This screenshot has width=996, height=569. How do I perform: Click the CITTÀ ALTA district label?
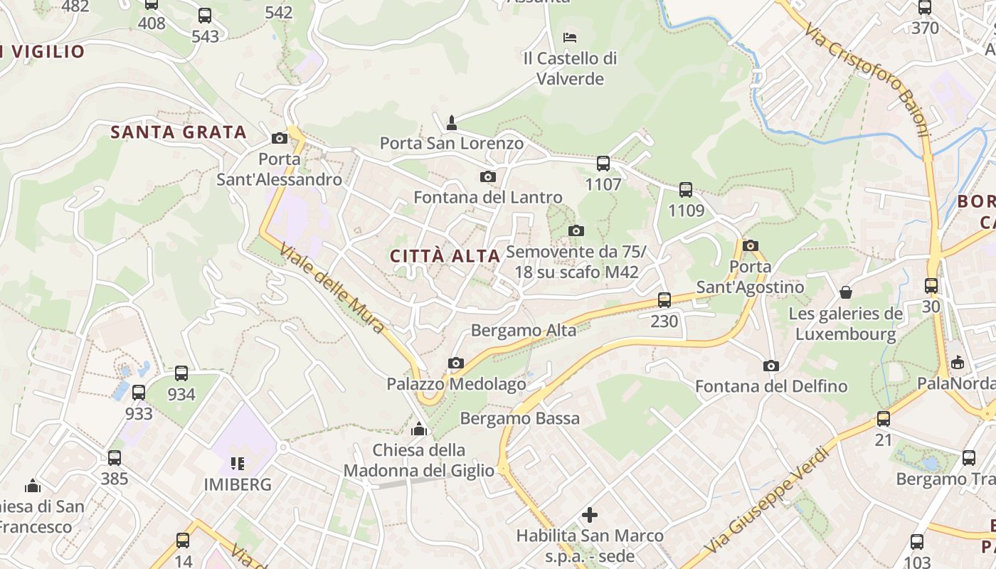tap(445, 256)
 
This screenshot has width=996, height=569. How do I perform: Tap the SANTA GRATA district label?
tap(179, 132)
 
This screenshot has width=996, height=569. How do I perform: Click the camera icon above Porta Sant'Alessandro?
tap(280, 138)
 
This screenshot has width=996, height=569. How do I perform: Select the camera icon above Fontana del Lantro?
tap(487, 176)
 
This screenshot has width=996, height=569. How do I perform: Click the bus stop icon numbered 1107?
tap(603, 164)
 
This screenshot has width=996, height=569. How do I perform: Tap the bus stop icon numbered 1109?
tap(686, 190)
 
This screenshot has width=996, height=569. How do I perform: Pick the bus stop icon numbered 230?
tap(664, 300)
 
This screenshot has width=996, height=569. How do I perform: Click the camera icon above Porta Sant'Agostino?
tap(750, 246)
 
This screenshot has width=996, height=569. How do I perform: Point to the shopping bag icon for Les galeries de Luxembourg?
tap(846, 292)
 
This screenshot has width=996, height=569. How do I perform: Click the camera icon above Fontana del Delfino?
tap(770, 366)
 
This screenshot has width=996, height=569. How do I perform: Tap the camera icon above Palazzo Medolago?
tap(456, 363)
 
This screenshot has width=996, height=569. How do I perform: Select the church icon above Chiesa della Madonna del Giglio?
tap(419, 429)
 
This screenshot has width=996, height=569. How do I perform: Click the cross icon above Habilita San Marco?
tap(590, 514)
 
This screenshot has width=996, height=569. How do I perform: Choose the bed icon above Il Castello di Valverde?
tap(569, 37)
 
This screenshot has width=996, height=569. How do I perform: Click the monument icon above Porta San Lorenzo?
tap(451, 123)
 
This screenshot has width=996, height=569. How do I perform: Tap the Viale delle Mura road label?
tap(332, 289)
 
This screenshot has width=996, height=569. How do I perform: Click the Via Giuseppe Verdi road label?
tap(767, 499)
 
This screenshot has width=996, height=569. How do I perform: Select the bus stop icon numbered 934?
tap(181, 373)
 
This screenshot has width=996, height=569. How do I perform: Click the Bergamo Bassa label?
tap(520, 418)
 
